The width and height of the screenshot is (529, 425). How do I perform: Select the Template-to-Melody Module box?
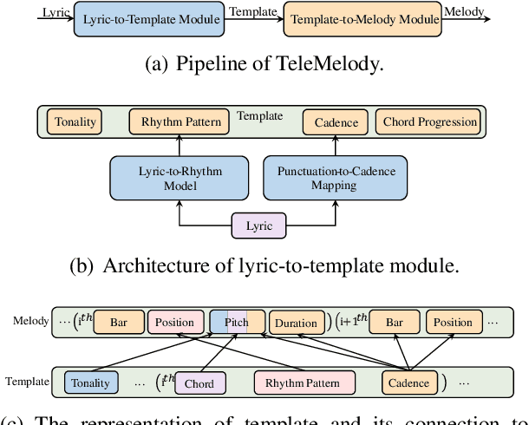(362, 18)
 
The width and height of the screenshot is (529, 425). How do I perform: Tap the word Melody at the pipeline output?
(463, 12)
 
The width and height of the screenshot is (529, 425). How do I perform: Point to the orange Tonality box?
(75, 122)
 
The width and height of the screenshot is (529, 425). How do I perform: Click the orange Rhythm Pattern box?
(180, 122)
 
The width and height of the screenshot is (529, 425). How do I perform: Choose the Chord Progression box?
(429, 122)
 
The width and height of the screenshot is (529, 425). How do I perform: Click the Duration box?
(296, 323)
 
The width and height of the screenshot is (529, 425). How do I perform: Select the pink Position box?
(174, 323)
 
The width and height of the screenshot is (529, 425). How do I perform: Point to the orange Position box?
(454, 323)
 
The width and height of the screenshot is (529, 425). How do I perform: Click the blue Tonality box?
(91, 382)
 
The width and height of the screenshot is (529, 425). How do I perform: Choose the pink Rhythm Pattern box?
(304, 382)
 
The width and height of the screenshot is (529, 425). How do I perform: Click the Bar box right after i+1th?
(395, 323)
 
